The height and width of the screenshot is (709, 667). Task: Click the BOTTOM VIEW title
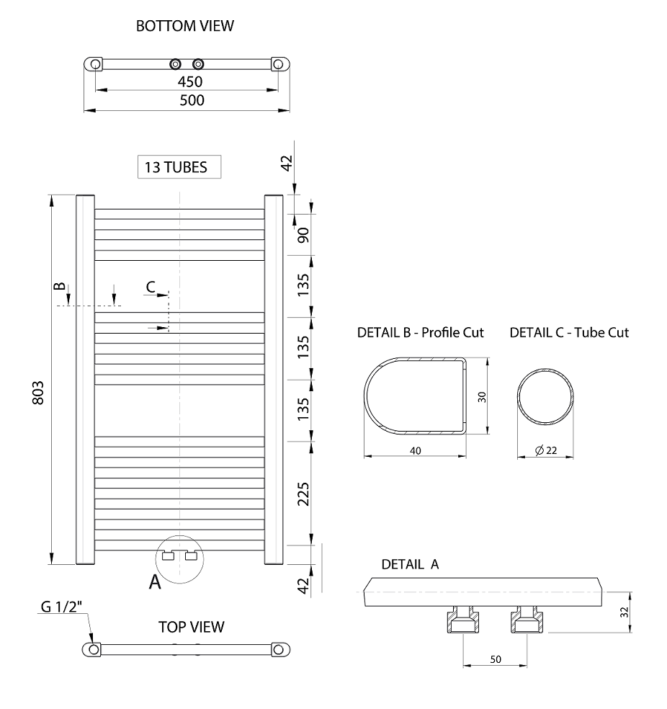click(185, 26)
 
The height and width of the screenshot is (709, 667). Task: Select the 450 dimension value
click(189, 82)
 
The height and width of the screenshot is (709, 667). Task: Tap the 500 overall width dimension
click(192, 100)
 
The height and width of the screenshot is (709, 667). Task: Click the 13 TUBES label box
click(179, 167)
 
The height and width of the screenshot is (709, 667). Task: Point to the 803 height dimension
click(38, 393)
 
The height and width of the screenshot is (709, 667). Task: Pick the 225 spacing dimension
click(303, 494)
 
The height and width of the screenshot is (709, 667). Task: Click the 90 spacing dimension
click(303, 235)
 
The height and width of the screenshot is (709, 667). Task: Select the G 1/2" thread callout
click(61, 607)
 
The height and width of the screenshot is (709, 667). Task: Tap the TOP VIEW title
click(191, 627)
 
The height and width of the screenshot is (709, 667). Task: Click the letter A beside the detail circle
click(155, 582)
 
